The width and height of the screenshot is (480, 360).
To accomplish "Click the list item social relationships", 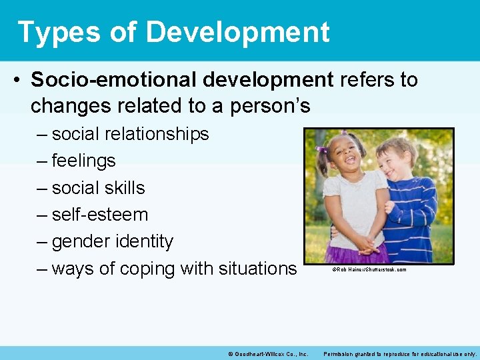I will coord(130,134).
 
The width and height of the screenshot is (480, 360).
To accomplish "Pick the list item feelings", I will coord(83,161).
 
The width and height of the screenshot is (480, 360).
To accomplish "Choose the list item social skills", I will coord(98,188).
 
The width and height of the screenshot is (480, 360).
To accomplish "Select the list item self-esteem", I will coord(99,215).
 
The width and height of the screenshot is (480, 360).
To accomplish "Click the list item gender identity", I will coord(112,241).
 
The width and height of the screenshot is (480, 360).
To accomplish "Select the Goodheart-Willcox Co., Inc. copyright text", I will coord(267,353).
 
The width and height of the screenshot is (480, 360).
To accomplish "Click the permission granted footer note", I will coord(400,353).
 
